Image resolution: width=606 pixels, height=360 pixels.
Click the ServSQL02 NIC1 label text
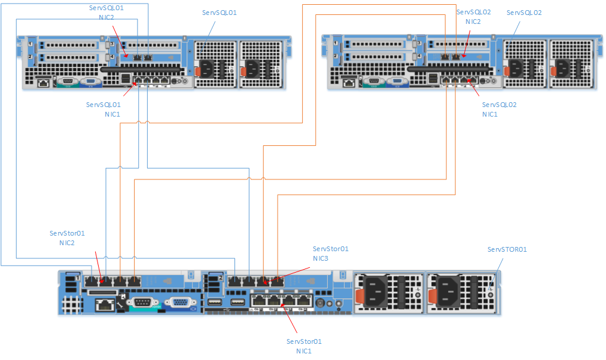[x=499, y=109]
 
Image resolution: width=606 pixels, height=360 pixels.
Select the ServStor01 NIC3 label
[x=330, y=254]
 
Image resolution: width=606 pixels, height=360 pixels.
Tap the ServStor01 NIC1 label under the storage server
[x=304, y=346]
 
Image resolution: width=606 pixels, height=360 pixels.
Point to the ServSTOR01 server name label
[x=507, y=249]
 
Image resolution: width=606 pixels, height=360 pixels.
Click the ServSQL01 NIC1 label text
[x=103, y=109]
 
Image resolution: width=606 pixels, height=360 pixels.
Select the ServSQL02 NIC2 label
[x=473, y=16]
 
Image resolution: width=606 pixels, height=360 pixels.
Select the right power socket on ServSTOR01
[x=449, y=292]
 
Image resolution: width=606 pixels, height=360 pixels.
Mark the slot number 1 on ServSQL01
[x=29, y=44]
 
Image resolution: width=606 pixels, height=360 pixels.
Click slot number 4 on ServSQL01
[x=112, y=56]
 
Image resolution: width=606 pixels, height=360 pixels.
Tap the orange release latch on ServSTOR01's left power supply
[x=360, y=295]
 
